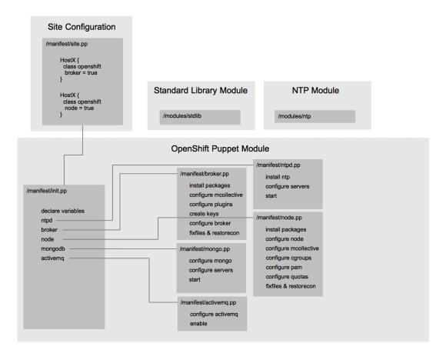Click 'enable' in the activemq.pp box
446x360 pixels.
coord(200,323)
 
